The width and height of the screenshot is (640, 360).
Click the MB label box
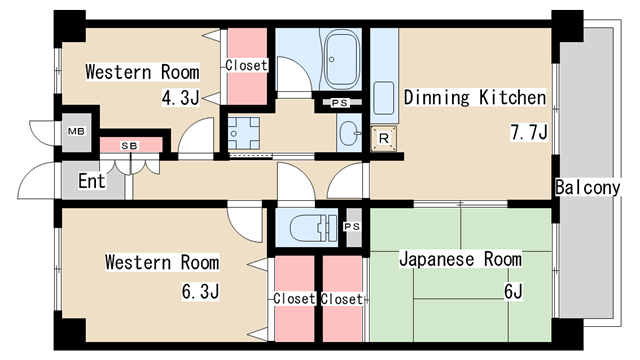[x=75, y=131]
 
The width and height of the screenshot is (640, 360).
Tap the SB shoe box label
[x=129, y=146]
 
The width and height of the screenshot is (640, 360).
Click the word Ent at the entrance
[x=92, y=182]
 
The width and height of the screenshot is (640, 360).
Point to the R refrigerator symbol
[x=384, y=139]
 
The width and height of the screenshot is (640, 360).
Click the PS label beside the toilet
[x=351, y=227]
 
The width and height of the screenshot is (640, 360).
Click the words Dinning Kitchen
[x=474, y=98]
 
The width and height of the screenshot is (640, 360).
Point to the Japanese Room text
[x=459, y=259]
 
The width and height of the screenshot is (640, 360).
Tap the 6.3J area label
[x=199, y=291]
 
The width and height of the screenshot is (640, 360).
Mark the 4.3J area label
[x=179, y=99]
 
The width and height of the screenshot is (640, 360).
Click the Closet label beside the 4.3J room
[x=246, y=66]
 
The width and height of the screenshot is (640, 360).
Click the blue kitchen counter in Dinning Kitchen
[x=385, y=75]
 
